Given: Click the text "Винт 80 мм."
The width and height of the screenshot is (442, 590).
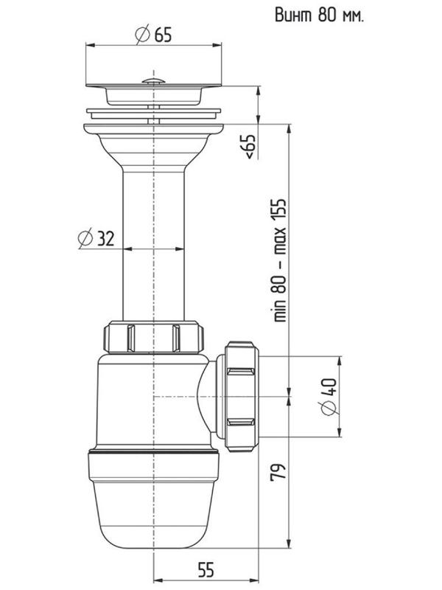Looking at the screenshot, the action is click(320, 15).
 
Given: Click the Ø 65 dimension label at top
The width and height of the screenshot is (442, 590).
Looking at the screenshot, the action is click(153, 35).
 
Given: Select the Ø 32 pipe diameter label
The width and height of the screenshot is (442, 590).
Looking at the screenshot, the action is click(96, 238).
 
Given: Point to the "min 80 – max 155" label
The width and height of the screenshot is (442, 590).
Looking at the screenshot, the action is click(280, 260).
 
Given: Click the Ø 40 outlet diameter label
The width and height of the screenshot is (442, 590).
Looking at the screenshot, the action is click(328, 397).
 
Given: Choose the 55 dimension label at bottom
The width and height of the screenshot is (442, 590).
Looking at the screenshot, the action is click(206, 569).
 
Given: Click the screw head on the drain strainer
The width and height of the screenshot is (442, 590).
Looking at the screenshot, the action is click(153, 81).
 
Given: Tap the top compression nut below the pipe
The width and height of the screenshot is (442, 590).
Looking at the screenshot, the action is click(154, 337).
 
